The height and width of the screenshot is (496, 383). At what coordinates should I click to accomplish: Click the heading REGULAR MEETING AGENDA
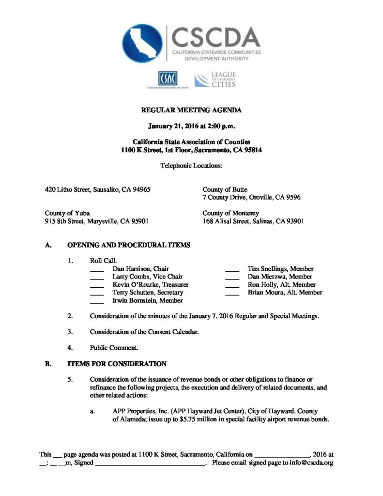191,110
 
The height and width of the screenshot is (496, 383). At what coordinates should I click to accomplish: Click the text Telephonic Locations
191,166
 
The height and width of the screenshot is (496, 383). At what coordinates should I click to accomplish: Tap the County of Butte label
225,189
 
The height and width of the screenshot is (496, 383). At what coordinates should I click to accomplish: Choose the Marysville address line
97,221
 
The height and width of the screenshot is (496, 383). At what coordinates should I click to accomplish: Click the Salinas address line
253,221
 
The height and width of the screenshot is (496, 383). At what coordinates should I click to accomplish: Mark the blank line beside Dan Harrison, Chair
97,270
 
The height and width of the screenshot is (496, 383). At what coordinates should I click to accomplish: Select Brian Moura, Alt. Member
285,293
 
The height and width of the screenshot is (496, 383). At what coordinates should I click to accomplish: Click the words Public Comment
114,347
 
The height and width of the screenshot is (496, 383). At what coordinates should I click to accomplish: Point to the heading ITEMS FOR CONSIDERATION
118,363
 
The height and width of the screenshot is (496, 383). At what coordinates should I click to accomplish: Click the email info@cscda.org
312,463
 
